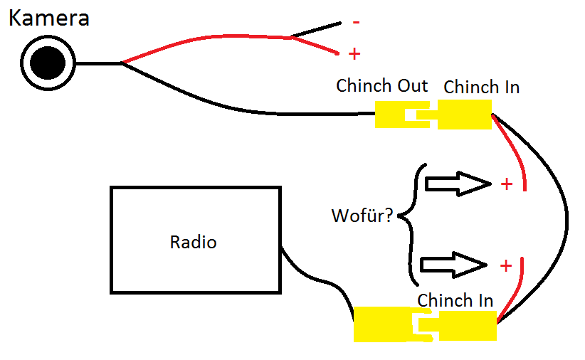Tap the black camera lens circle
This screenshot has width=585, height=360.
click(x=48, y=63)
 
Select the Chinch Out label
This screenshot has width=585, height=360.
click(x=381, y=86)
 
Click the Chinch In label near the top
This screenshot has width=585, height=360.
click(x=481, y=88)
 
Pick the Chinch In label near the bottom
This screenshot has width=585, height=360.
click(x=455, y=300)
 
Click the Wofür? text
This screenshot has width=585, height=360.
click(x=362, y=215)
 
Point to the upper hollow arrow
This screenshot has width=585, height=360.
click(x=458, y=184)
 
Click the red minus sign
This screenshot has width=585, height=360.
click(x=356, y=22)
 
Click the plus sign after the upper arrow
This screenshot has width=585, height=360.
click(x=506, y=184)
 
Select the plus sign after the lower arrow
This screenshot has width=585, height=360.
click(x=506, y=265)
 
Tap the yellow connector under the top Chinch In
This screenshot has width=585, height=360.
click(x=464, y=115)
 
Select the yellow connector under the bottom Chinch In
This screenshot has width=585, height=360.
click(x=467, y=327)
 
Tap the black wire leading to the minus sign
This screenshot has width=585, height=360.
click(x=317, y=29)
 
